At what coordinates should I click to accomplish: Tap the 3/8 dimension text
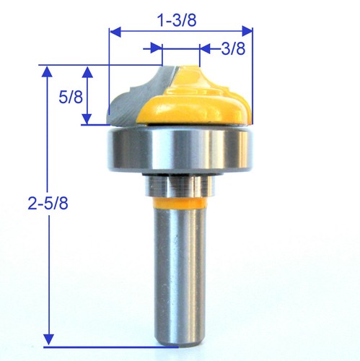point(232,48)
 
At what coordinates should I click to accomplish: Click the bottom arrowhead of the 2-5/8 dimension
point(48,337)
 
